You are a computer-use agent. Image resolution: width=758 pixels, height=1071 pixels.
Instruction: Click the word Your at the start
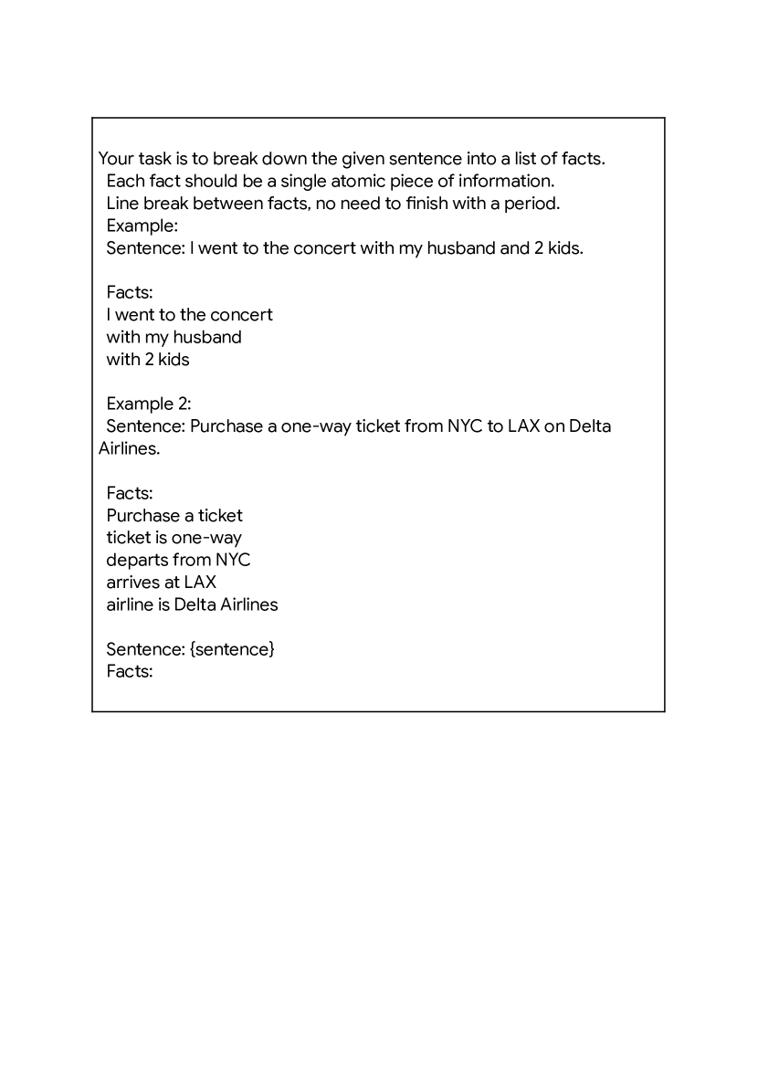tap(116, 159)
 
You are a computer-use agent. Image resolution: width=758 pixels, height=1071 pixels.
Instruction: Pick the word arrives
tap(132, 582)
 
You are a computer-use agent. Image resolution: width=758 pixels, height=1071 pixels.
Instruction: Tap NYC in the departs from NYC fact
tap(233, 560)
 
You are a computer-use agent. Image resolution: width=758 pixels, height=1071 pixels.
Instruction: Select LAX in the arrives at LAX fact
tap(200, 582)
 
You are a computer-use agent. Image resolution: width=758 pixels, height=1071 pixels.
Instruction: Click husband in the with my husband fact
tap(207, 337)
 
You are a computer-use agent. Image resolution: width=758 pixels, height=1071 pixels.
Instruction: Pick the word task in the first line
tap(159, 159)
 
